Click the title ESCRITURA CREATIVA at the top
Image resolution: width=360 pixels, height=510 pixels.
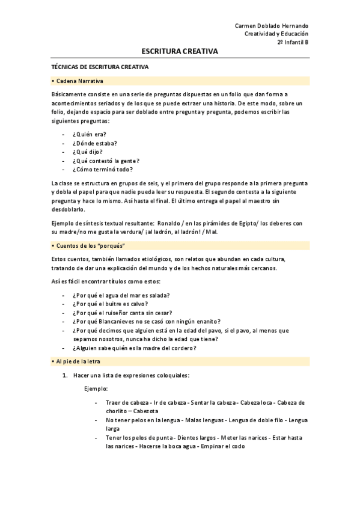pyautogui.click(x=180, y=52)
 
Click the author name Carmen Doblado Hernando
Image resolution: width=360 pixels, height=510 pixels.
pyautogui.click(x=271, y=26)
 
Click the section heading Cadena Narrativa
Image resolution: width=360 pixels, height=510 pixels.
pyautogui.click(x=79, y=81)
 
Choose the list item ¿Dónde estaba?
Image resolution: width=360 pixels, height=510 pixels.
pyautogui.click(x=94, y=143)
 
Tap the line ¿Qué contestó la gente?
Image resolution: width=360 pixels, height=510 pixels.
pyautogui.click(x=106, y=161)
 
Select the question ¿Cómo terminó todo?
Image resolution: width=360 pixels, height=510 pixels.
pyautogui.click(x=102, y=170)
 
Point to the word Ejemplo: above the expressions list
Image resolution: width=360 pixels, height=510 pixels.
pyautogui.click(x=96, y=389)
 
